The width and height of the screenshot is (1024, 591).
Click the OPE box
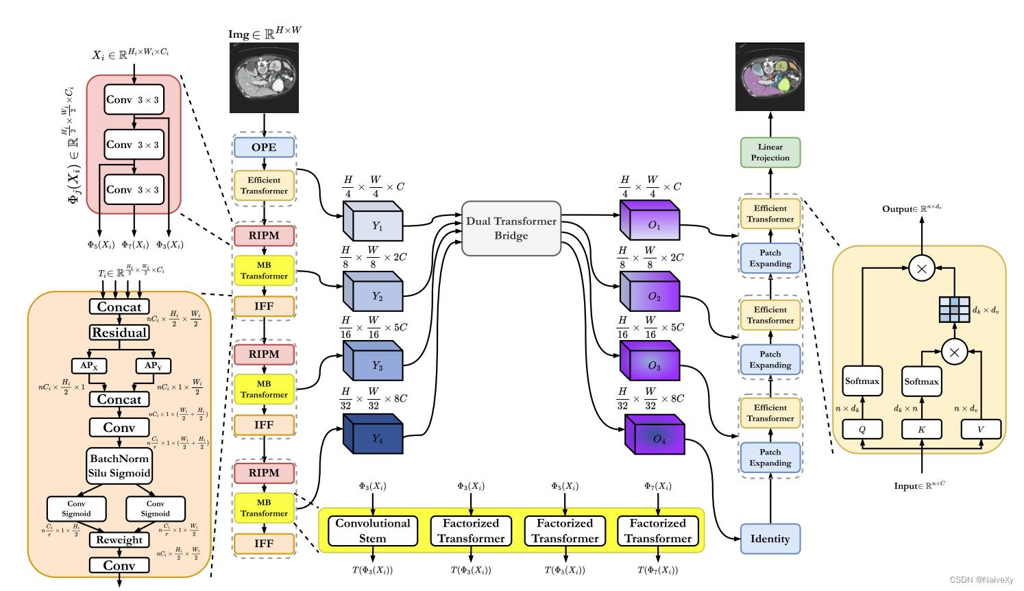(264, 147)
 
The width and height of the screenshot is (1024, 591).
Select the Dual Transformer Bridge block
(511, 228)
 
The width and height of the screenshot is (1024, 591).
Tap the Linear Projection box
(770, 152)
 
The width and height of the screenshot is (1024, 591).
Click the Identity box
(770, 539)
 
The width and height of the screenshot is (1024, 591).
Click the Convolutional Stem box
(373, 531)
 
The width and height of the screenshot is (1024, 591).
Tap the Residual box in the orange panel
(119, 333)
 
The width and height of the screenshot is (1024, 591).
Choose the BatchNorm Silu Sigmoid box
(119, 466)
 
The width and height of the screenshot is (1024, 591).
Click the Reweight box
(119, 540)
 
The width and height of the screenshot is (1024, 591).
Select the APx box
(89, 365)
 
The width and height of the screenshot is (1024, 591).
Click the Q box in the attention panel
(862, 429)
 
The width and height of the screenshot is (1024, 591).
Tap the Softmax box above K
(921, 382)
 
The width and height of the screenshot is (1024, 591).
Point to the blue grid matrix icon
(954, 309)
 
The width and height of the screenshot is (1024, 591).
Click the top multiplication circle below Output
(921, 269)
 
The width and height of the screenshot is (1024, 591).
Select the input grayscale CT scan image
(264, 77)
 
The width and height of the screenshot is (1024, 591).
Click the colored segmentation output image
(770, 77)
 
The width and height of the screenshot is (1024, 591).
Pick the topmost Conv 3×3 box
(134, 100)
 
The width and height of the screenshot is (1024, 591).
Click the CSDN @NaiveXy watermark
(981, 580)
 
